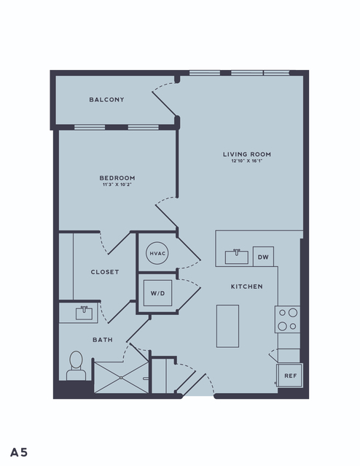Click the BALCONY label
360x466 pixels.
click(x=106, y=100)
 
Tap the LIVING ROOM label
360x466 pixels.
click(x=247, y=155)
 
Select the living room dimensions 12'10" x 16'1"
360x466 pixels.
click(x=247, y=161)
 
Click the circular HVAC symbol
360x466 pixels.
click(x=157, y=253)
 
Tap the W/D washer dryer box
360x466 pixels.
click(x=157, y=293)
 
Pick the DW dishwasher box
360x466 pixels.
click(x=263, y=257)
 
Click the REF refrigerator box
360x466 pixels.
click(x=290, y=376)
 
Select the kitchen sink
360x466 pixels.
click(x=236, y=257)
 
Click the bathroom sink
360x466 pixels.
click(x=84, y=314)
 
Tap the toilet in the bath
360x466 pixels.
click(x=76, y=365)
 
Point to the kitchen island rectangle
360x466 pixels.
click(x=227, y=326)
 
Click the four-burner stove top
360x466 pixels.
click(x=287, y=319)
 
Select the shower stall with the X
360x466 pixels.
click(x=121, y=378)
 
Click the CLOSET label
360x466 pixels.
click(x=105, y=272)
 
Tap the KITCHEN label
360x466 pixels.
click(x=247, y=287)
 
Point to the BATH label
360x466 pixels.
click(x=103, y=340)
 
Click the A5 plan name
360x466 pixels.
click(x=19, y=452)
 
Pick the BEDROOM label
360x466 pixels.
click(x=117, y=178)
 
